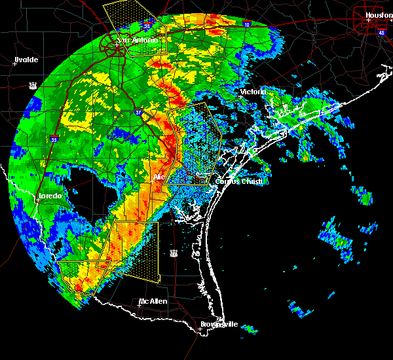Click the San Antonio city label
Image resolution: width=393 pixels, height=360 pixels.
(x=138, y=40)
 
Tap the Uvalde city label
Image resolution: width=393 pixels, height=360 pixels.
(x=27, y=60)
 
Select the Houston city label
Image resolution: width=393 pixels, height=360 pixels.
(x=379, y=15)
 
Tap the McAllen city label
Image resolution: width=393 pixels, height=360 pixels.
(x=153, y=302)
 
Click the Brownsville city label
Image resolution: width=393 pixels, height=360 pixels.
(x=219, y=325)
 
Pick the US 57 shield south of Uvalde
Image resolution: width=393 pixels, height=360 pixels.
(x=32, y=84)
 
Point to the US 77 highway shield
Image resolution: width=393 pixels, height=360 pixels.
(x=174, y=252)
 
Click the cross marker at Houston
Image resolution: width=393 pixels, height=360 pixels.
(x=368, y=20)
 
